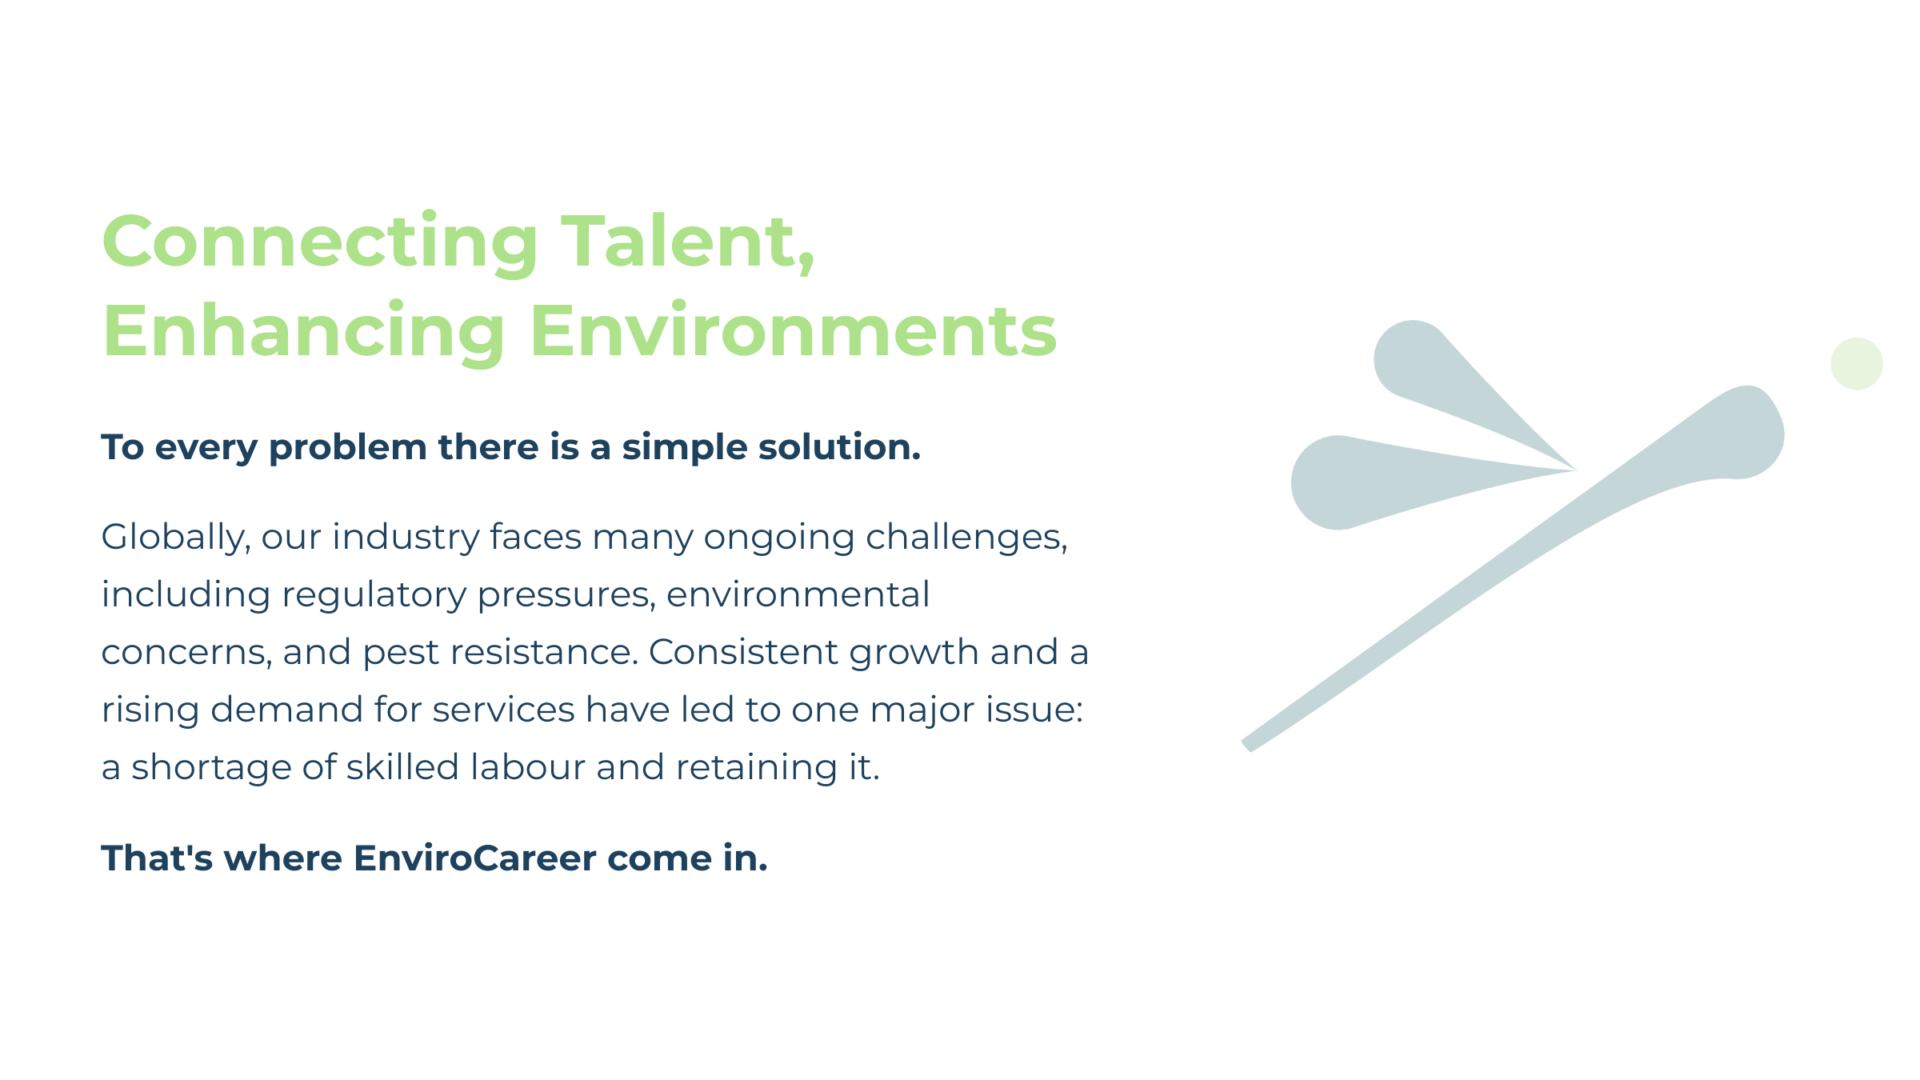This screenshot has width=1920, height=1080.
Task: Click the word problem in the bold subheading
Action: pos(348,448)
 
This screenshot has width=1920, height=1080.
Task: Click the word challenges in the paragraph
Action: pos(966,537)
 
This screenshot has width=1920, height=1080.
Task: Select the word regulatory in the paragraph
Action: pos(374,595)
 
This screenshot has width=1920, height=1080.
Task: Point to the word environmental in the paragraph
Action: pos(798,594)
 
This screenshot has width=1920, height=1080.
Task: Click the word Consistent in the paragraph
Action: pos(743,652)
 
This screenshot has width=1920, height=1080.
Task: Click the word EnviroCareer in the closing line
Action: pos(475,858)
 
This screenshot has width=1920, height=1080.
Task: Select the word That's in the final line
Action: pos(157,858)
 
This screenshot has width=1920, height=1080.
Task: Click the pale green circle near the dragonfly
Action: pos(1856,364)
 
